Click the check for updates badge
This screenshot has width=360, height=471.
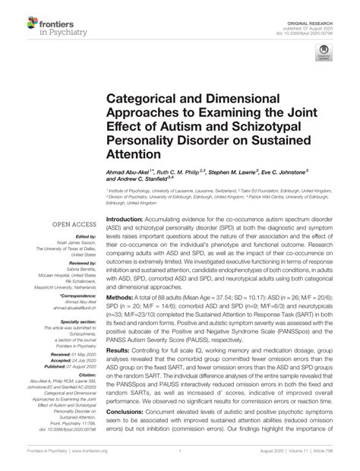pyautogui.click(x=324, y=53)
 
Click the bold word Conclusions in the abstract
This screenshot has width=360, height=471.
pyautogui.click(x=124, y=412)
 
